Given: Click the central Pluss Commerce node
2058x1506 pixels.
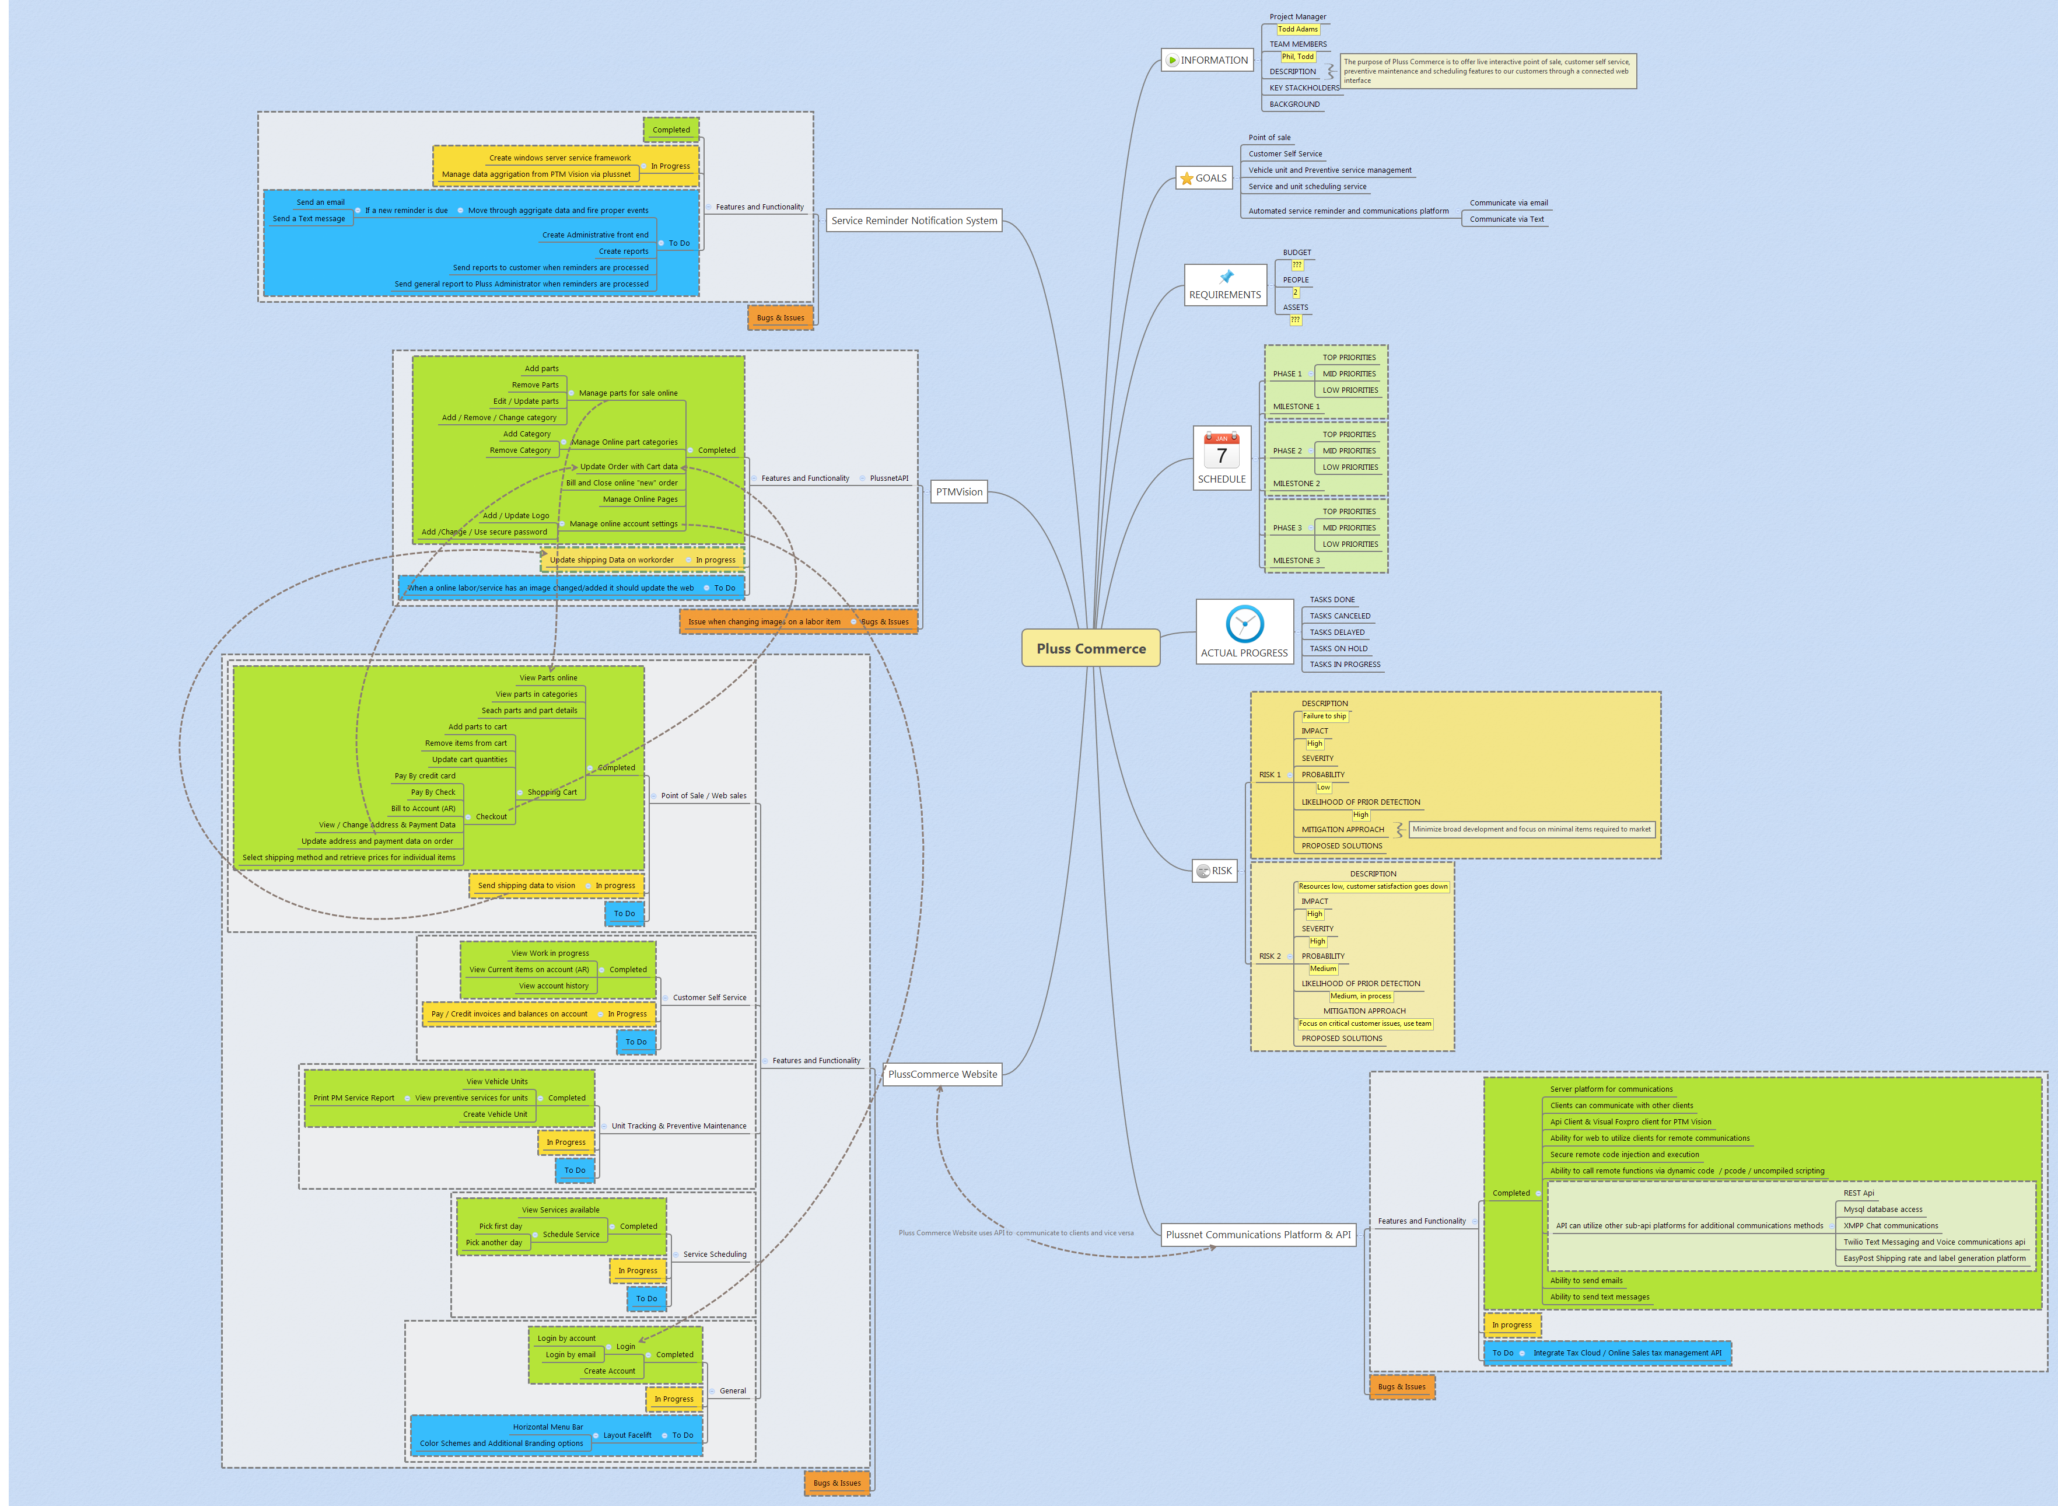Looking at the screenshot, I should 1090,648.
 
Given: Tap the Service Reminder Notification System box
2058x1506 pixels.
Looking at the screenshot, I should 914,221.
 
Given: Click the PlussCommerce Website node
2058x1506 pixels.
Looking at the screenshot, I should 943,1074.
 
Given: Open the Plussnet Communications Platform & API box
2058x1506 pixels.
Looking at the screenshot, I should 1258,1234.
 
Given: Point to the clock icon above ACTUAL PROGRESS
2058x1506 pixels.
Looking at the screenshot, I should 1244,624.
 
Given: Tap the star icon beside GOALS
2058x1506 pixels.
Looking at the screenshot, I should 1186,179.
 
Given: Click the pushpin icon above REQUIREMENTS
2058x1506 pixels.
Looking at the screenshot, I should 1226,276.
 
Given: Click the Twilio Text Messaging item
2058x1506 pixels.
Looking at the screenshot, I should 1933,1242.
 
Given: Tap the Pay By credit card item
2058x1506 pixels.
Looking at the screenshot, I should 425,776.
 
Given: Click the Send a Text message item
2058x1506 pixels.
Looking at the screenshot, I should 309,219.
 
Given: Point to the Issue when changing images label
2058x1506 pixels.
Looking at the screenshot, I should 764,622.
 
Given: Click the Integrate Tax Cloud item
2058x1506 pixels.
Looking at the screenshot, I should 1627,1353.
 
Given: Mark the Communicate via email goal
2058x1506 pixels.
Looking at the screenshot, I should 1508,203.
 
